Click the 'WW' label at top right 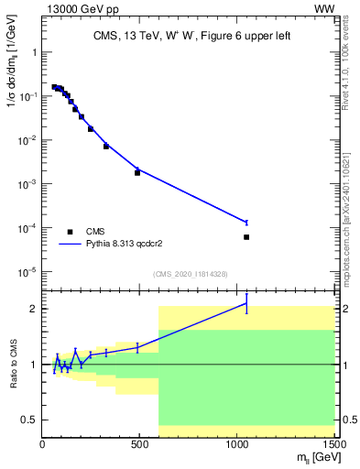click(323, 9)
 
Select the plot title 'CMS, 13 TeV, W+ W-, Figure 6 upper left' click(191, 37)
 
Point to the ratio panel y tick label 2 click(33, 309)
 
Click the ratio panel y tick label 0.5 click(28, 420)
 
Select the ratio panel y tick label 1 click(33, 365)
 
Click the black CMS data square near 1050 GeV click(246, 237)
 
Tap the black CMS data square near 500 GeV click(137, 172)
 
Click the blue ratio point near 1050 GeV click(246, 303)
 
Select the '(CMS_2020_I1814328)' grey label click(191, 274)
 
